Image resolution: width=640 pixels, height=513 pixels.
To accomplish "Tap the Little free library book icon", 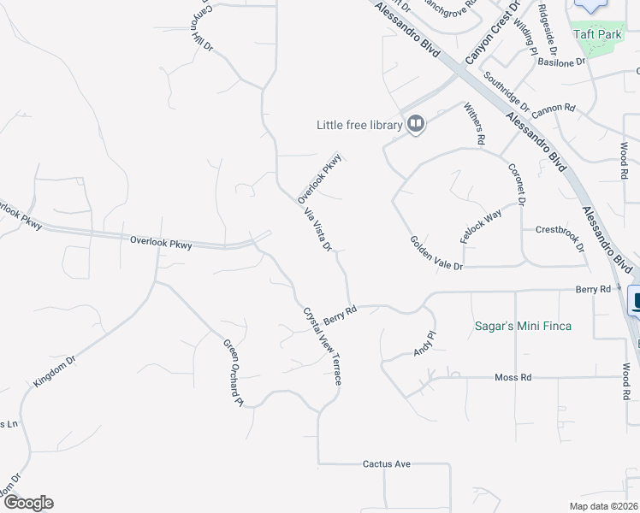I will click(x=416, y=125).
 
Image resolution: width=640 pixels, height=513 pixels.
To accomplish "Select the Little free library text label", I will click(x=359, y=126).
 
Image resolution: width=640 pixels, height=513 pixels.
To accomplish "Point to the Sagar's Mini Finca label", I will click(x=523, y=326).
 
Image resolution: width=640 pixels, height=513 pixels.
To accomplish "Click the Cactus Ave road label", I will click(x=387, y=464).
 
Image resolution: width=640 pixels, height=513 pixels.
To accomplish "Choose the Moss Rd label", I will click(x=513, y=377).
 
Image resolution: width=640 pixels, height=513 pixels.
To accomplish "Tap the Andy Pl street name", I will click(x=425, y=345).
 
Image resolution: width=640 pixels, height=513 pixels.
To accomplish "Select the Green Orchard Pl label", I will click(x=234, y=373).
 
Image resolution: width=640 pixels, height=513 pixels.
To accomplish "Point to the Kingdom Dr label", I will click(x=55, y=369).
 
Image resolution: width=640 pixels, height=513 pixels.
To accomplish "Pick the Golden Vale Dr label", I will click(x=436, y=254).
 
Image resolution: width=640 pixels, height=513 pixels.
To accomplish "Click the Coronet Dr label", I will click(x=514, y=185).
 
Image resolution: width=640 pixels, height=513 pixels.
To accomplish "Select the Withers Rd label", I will click(x=476, y=123).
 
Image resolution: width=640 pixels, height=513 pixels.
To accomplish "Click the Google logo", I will click(x=27, y=503).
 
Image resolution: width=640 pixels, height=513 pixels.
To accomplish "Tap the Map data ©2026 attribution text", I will click(x=603, y=506).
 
